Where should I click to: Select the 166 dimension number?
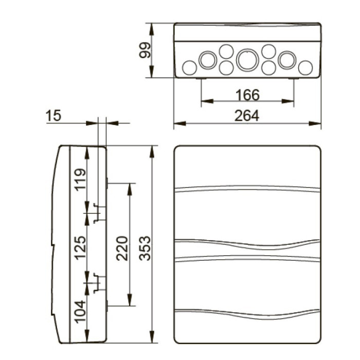point(247,95)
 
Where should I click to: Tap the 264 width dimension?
point(247,116)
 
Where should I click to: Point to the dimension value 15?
point(53,116)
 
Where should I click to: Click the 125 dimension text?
point(79,248)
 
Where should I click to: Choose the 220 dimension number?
point(121,248)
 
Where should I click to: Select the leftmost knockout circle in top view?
point(190,67)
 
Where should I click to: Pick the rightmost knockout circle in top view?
point(305,67)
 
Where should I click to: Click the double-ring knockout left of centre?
point(207,60)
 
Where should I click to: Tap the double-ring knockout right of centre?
point(286,60)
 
